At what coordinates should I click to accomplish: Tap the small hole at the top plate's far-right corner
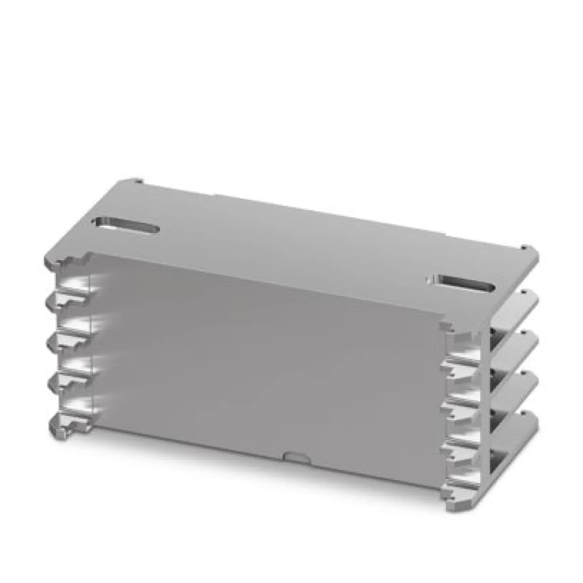pyautogui.click(x=525, y=248)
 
